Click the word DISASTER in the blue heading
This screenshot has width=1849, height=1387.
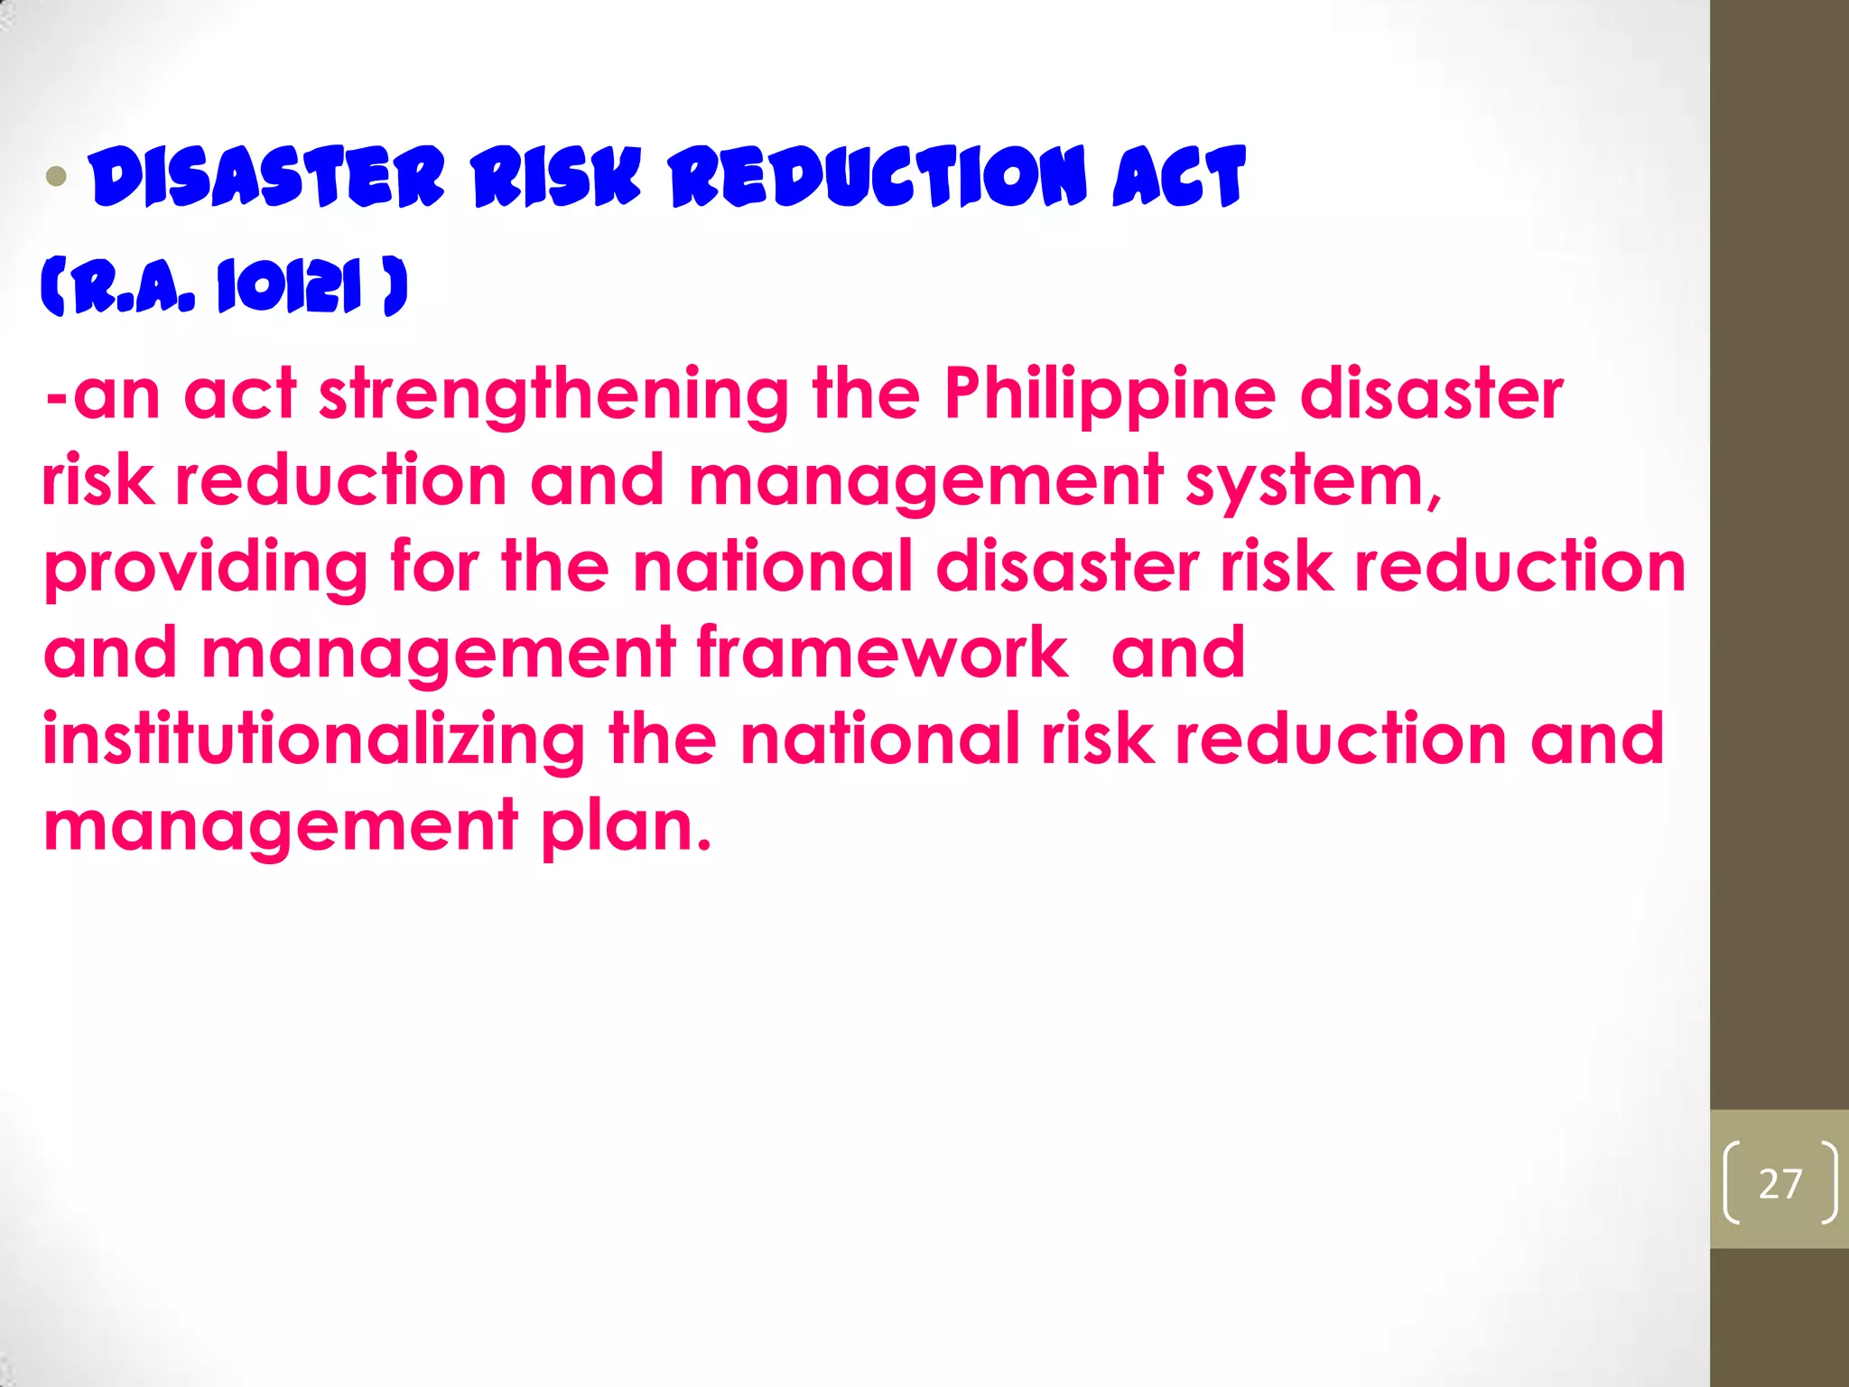pyautogui.click(x=268, y=176)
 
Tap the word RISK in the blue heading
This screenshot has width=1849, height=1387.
pyautogui.click(x=555, y=176)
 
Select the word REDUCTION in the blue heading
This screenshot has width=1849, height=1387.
pyautogui.click(x=878, y=176)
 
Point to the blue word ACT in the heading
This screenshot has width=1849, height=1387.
pyautogui.click(x=1179, y=176)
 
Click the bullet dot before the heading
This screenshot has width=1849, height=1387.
pyautogui.click(x=57, y=176)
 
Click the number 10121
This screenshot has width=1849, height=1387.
pyautogui.click(x=289, y=287)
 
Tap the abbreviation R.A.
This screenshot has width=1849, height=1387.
pyautogui.click(x=135, y=287)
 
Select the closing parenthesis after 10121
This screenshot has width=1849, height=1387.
pyautogui.click(x=395, y=287)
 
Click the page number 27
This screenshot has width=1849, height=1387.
pyautogui.click(x=1779, y=1184)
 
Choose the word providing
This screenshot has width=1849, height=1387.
pyautogui.click(x=206, y=568)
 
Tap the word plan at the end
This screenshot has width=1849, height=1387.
pyautogui.click(x=625, y=825)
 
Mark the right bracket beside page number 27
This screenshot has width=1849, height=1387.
pyautogui.click(x=1828, y=1183)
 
